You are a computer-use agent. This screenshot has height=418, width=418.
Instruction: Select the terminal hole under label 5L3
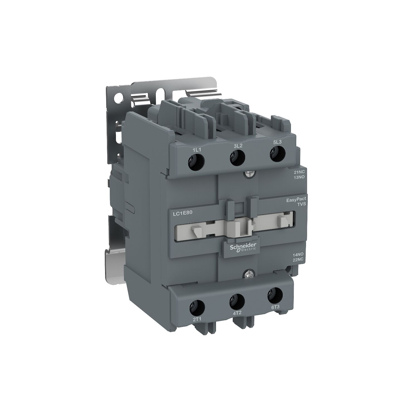277,154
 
